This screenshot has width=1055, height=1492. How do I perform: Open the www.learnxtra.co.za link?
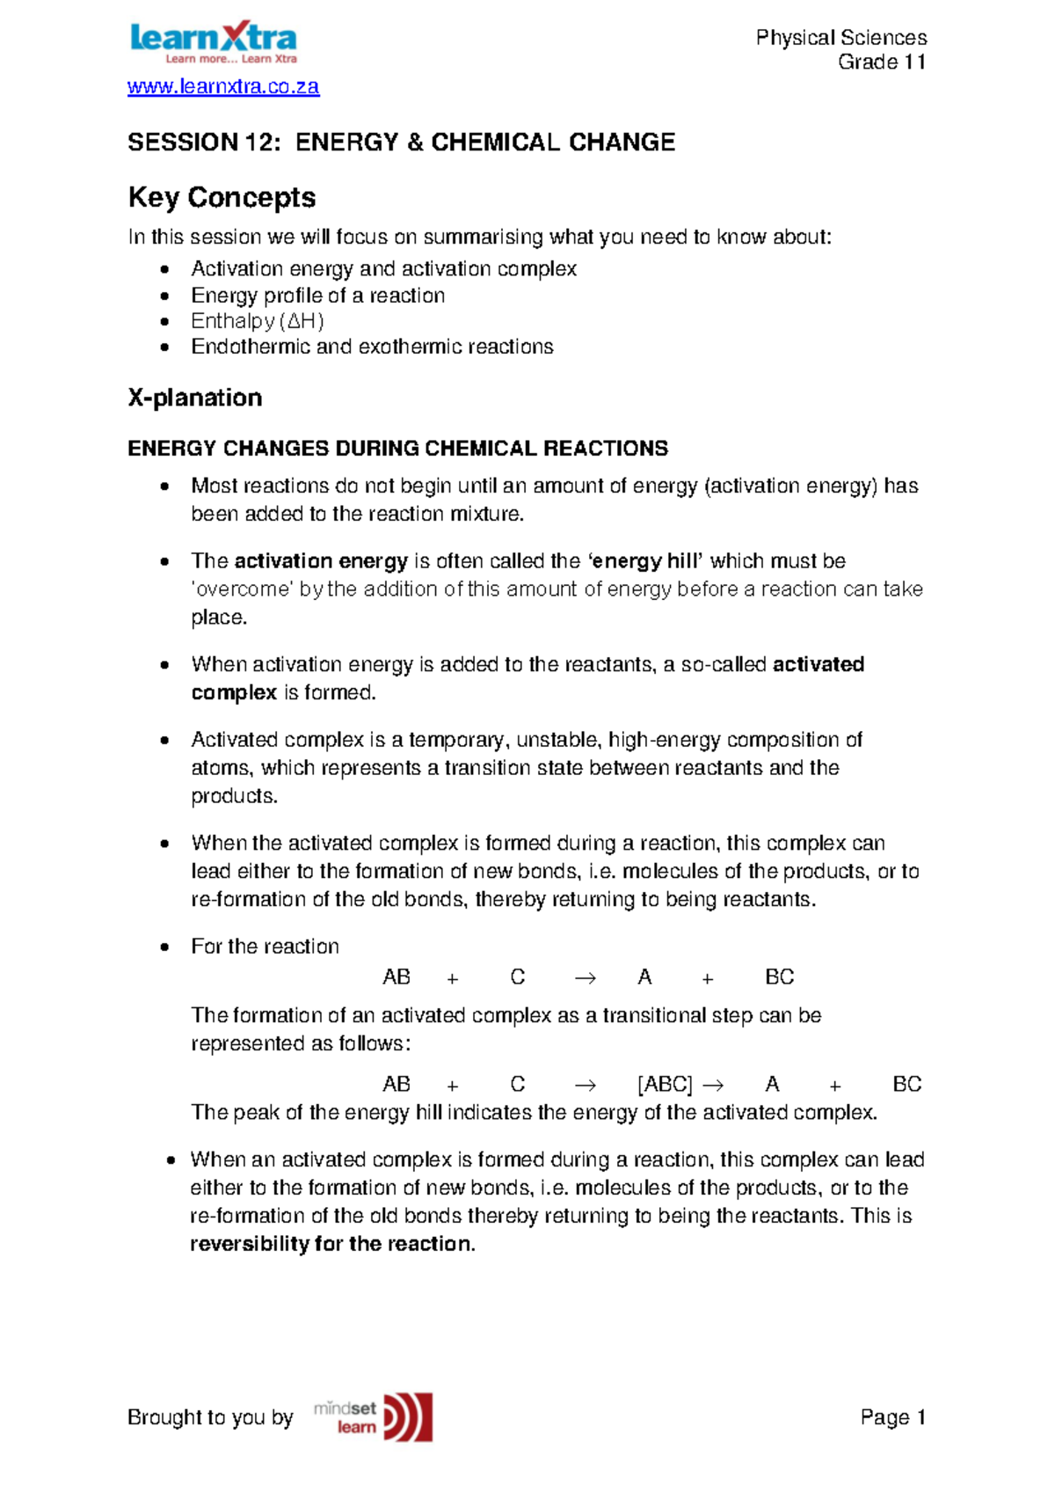(x=223, y=86)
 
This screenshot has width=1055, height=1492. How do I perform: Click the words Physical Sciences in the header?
(x=840, y=38)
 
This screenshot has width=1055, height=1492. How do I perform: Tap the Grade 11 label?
(x=881, y=62)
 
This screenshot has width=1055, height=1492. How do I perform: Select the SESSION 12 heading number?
(x=257, y=143)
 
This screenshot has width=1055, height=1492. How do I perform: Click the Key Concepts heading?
(x=222, y=197)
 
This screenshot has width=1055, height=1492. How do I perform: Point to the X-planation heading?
(x=194, y=398)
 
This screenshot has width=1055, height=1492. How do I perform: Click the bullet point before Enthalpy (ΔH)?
(x=164, y=322)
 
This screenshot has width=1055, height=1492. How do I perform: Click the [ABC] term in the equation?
(x=665, y=1084)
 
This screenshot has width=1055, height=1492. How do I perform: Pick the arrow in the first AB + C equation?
(x=585, y=977)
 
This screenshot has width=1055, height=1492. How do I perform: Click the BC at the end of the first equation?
(x=779, y=977)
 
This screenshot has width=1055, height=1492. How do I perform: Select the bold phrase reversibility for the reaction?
(x=331, y=1244)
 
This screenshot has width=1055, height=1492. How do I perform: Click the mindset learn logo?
(x=374, y=1416)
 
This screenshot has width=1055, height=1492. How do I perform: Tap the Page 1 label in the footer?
(x=892, y=1417)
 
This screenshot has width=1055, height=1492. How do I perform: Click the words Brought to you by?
(x=210, y=1417)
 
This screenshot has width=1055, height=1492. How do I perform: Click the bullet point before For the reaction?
(x=164, y=947)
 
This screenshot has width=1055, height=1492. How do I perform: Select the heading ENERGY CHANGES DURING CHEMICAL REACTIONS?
(x=397, y=449)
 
